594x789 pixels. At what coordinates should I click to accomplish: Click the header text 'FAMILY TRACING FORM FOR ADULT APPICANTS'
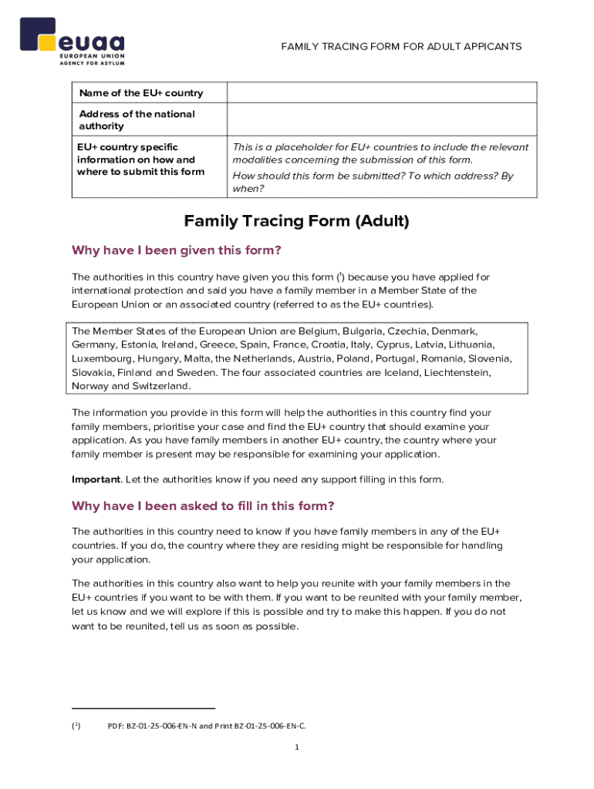pos(401,47)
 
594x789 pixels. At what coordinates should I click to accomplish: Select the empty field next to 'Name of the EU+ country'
pos(381,92)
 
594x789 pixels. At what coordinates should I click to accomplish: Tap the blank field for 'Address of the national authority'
pos(381,119)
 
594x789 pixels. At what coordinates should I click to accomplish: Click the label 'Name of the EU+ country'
pos(140,93)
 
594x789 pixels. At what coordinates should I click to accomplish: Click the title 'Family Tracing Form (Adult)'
pos(296,222)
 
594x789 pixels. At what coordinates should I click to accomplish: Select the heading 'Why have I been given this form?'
pos(176,250)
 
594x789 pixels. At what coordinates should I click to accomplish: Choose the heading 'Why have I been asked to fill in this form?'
pos(203,506)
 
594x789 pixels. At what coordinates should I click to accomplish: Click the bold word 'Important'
pos(96,479)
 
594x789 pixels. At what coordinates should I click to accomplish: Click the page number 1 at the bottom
pos(296,747)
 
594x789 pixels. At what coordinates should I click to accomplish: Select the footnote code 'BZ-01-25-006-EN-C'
pos(263,726)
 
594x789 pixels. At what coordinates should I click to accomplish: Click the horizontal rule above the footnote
pos(143,708)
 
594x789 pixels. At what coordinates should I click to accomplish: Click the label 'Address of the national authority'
pos(137,120)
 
